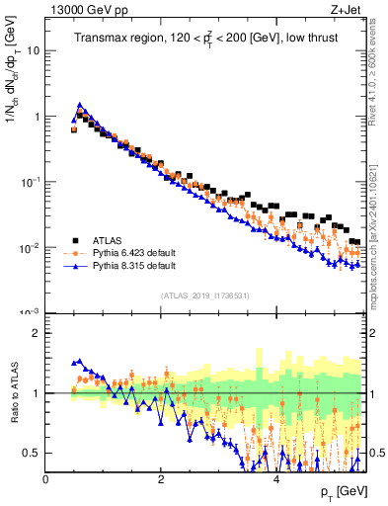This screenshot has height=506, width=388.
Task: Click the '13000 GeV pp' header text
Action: [83, 12]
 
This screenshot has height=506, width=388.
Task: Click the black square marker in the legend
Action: [75, 239]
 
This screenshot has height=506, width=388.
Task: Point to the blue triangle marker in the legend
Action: [75, 267]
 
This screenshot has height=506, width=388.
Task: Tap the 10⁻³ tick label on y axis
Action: [30, 312]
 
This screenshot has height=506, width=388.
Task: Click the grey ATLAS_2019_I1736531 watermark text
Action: [205, 295]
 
